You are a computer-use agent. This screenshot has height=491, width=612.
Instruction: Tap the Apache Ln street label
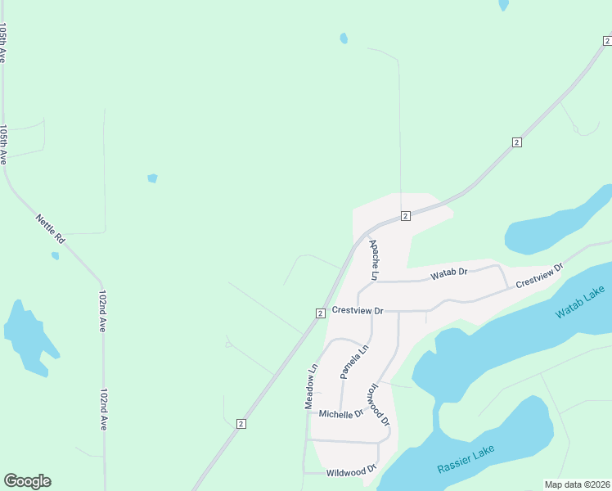click(x=373, y=259)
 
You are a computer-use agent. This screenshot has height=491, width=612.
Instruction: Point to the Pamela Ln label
click(x=349, y=362)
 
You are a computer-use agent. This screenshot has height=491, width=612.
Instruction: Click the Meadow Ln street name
click(x=310, y=387)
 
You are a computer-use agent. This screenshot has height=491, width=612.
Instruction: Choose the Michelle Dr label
click(x=340, y=414)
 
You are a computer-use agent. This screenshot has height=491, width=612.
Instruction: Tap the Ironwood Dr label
click(x=378, y=404)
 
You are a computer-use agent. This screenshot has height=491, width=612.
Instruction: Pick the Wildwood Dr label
click(x=350, y=472)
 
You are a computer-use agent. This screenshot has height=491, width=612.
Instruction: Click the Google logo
click(x=27, y=481)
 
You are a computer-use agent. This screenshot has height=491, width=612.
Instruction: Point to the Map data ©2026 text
click(x=576, y=484)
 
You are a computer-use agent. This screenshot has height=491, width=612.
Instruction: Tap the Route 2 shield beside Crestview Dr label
click(x=321, y=313)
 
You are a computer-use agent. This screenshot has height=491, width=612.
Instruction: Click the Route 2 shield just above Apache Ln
click(x=405, y=216)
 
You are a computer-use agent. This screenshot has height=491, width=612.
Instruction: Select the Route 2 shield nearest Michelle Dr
click(x=241, y=423)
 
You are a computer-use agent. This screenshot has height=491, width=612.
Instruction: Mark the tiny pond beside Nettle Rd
click(x=55, y=256)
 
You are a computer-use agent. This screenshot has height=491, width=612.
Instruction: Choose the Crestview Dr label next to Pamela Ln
click(x=358, y=311)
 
